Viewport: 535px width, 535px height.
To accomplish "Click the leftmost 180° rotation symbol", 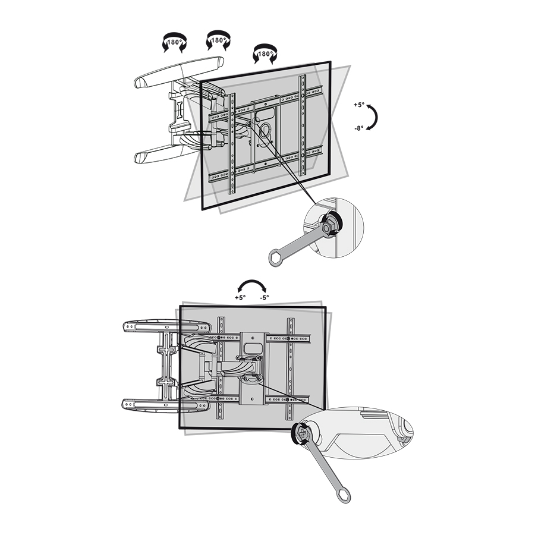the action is point(174,43).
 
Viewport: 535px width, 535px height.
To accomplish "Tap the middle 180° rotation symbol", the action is point(218,40).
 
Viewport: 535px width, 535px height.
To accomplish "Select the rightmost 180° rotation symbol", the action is point(265,54).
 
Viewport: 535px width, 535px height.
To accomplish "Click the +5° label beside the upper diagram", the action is point(359,105).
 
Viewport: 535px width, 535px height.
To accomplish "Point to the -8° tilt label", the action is point(359,128).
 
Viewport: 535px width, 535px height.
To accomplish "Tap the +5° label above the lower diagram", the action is point(240,297).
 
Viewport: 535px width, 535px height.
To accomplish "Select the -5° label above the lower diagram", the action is point(265,297).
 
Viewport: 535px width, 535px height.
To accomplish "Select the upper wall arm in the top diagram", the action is point(179,73).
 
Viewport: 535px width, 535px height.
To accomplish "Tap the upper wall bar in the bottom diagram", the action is point(166,326).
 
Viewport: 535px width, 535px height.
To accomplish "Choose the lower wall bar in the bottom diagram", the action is point(165,405).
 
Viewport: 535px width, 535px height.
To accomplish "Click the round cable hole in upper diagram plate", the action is point(265,130).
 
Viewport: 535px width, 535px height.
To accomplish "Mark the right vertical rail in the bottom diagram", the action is point(291,369).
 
